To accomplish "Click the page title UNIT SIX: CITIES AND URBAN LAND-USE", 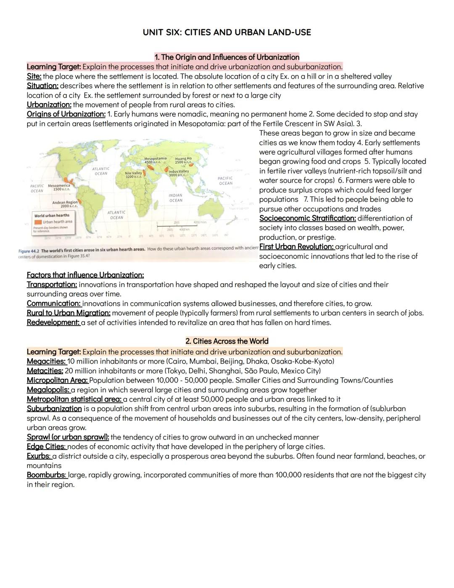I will tap(227, 32).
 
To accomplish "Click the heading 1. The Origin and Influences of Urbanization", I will tap(227, 57).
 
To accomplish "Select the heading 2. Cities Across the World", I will tap(227, 341).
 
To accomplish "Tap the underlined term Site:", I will tap(34, 76).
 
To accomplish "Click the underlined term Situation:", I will tap(42, 85).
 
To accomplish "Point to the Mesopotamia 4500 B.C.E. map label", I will tap(155, 160).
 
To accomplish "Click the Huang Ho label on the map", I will tap(183, 160).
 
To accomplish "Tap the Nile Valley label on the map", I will tap(133, 175).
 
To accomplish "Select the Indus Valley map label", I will tap(179, 173).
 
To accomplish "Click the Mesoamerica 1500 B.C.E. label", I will tap(59, 187).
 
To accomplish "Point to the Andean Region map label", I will tap(65, 204).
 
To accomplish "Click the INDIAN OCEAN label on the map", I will tap(176, 198).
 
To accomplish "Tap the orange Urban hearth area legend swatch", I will tap(38, 222).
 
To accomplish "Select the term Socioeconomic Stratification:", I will tap(307, 218).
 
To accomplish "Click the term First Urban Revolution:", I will tap(296, 247).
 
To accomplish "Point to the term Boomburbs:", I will tap(46, 475).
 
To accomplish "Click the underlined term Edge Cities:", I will tap(46, 446).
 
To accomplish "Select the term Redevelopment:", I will tap(53, 322).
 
